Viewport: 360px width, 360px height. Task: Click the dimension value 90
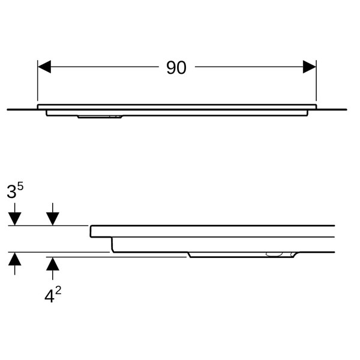pyautogui.click(x=176, y=67)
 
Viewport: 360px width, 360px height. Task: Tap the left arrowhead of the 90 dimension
pyautogui.click(x=44, y=67)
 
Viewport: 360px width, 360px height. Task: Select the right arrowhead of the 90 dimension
pyautogui.click(x=310, y=67)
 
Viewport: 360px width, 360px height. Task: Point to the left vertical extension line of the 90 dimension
pyautogui.click(x=38, y=80)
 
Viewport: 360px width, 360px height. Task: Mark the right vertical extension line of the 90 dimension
pyautogui.click(x=316, y=80)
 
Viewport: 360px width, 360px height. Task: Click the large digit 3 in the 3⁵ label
pyautogui.click(x=11, y=192)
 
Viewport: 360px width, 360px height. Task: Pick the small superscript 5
pyautogui.click(x=20, y=187)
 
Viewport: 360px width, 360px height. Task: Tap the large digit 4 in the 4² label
pyautogui.click(x=49, y=296)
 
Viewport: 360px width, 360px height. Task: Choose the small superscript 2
pyautogui.click(x=58, y=291)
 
